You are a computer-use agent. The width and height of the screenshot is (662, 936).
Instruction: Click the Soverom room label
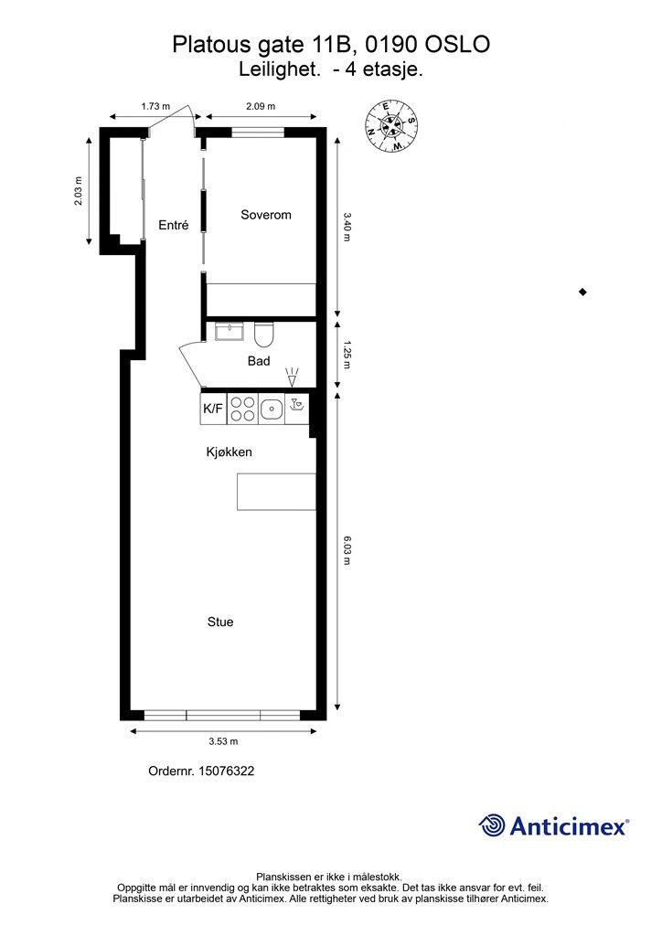tap(266, 215)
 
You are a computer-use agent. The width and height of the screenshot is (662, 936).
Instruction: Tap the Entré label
tap(173, 225)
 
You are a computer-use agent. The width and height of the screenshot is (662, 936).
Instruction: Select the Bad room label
tap(259, 361)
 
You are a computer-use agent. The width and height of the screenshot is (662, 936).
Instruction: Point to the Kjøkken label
tap(230, 452)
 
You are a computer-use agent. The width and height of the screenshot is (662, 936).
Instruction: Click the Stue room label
tap(220, 622)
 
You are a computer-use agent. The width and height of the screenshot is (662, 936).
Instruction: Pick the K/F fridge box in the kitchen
tap(213, 409)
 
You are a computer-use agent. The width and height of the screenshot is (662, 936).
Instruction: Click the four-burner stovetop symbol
tap(242, 409)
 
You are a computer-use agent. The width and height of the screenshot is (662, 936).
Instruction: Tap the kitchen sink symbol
tap(272, 409)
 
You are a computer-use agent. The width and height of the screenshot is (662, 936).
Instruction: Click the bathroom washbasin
tap(230, 331)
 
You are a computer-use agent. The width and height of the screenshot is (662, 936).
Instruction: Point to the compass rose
tap(391, 126)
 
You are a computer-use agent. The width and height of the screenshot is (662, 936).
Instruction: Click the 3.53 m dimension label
tap(223, 741)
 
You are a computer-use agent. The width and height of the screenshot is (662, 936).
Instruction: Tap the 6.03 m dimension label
tap(347, 549)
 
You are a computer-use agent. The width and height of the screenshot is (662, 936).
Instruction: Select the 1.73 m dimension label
tap(155, 106)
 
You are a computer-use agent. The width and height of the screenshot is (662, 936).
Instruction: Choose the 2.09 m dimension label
tap(261, 106)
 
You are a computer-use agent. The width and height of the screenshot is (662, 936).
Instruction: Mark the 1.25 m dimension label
tap(347, 355)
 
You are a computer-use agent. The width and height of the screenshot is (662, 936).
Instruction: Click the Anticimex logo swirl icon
tap(492, 825)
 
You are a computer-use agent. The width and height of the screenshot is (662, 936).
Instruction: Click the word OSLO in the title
tap(457, 44)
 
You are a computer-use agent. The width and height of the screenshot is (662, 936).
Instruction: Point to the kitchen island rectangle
tap(276, 492)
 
